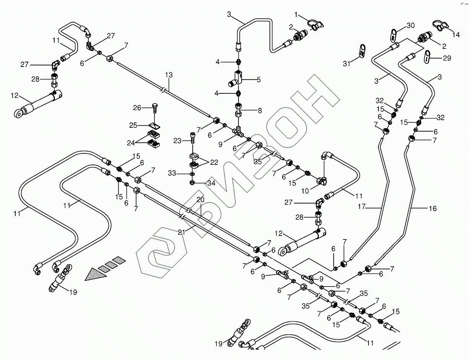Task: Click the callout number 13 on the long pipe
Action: coord(169,75)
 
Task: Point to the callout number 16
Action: coord(432,209)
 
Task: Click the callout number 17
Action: coord(362,207)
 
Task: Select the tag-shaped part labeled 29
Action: coord(427,57)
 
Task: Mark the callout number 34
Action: coord(211,183)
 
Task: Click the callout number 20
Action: coord(201,200)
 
